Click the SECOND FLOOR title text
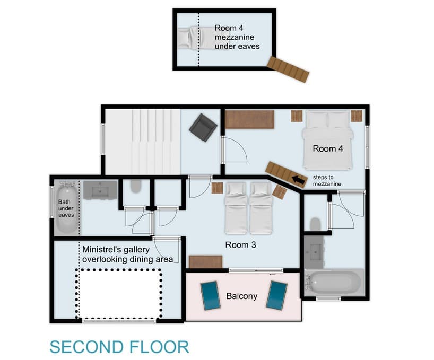pyautogui.click(x=119, y=347)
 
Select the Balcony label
pyautogui.click(x=241, y=296)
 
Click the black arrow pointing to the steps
pyautogui.click(x=299, y=181)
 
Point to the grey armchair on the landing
pyautogui.click(x=203, y=127)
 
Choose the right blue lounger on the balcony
pyautogui.click(x=276, y=295)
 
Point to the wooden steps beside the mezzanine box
pyautogui.click(x=288, y=69)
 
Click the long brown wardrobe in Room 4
pyautogui.click(x=249, y=119)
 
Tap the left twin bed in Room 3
pyautogui.click(x=235, y=208)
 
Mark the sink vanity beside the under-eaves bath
pyautogui.click(x=100, y=189)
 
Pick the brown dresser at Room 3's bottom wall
pyautogui.click(x=205, y=261)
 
